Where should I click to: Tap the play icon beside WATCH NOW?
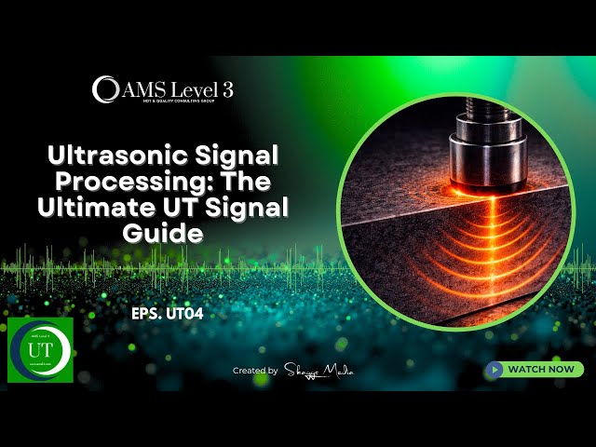pyautogui.click(x=495, y=370)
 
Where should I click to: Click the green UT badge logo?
pyautogui.click(x=40, y=350)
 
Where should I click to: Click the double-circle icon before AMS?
pyautogui.click(x=105, y=88)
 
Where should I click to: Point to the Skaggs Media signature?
pyautogui.click(x=318, y=371)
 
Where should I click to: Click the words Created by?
pyautogui.click(x=255, y=371)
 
